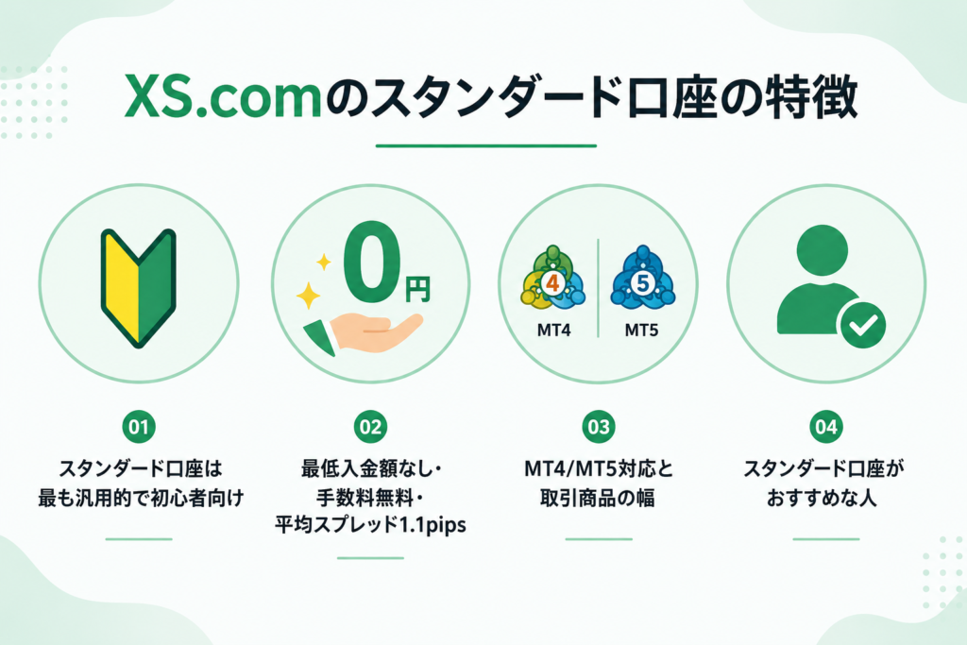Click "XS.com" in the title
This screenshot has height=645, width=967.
223,97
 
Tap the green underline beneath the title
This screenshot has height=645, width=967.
486,146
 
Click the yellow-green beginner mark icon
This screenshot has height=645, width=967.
139,288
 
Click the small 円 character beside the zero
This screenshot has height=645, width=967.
417,289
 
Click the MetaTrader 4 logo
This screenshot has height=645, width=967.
552,278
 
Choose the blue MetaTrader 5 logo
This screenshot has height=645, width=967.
642,278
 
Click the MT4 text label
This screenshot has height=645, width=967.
553,331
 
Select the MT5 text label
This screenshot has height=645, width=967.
641,331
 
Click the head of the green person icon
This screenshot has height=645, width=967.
823,251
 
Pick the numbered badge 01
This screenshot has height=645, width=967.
139,427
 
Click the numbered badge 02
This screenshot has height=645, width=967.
370,427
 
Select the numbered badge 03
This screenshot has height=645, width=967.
599,427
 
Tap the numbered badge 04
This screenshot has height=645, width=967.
826,427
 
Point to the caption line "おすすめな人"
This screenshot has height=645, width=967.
823,498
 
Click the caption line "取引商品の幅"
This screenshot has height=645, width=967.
598,498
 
